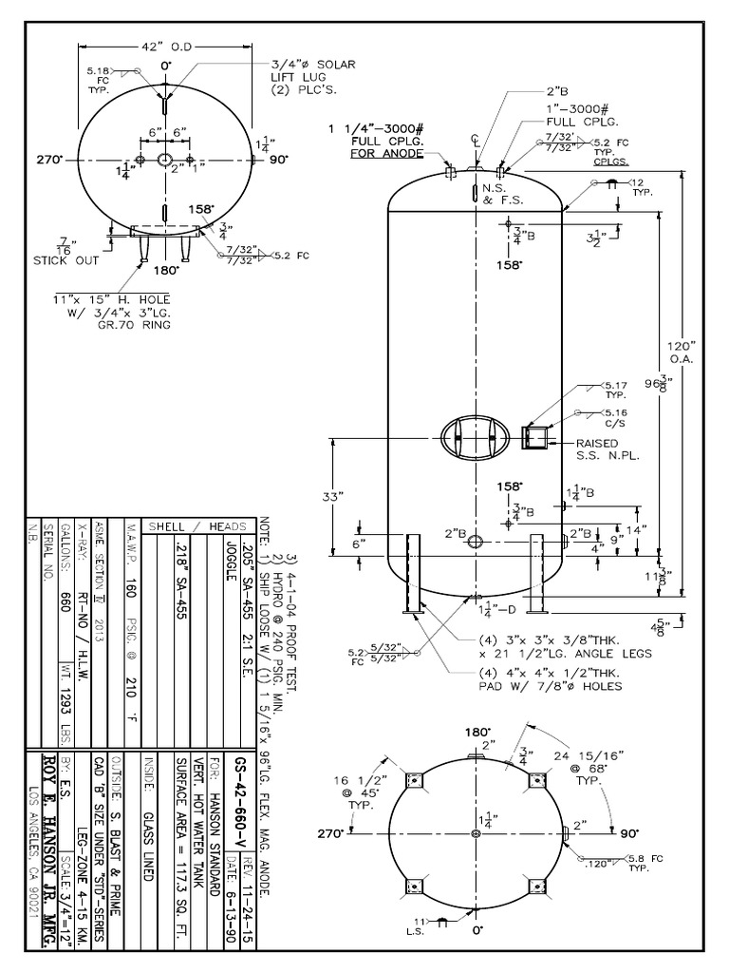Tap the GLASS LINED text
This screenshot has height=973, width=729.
[147, 834]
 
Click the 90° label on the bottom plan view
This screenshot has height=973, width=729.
[628, 833]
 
